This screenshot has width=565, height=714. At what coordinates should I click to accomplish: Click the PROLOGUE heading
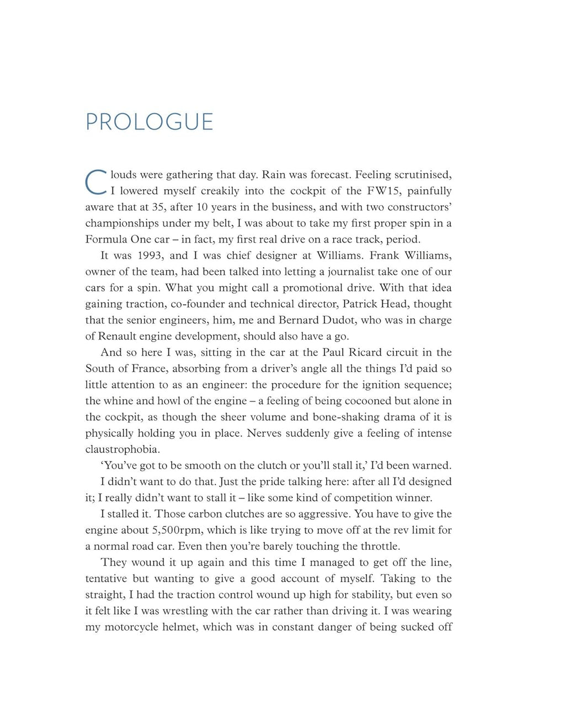(150, 122)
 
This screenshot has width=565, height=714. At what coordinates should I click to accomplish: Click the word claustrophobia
(122, 449)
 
